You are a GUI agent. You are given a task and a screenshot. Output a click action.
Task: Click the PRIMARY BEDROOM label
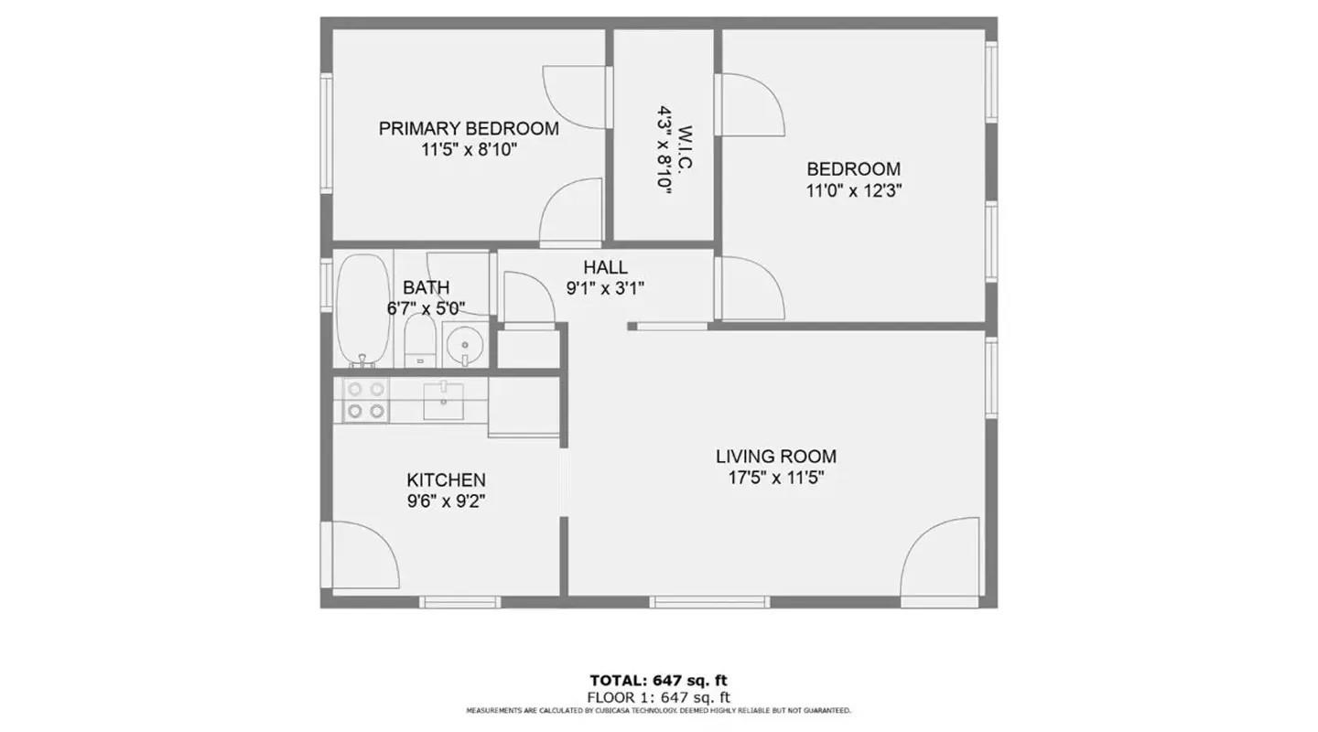[x=469, y=128]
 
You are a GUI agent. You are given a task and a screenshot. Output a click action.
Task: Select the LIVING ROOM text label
[x=776, y=456]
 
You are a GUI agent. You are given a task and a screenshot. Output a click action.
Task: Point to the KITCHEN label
[x=446, y=480]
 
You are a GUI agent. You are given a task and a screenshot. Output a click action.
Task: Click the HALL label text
[x=606, y=267]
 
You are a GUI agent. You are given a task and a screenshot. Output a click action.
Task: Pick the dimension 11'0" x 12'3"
[x=854, y=190]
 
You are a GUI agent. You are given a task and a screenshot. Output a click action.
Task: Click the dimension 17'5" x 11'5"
[x=776, y=478]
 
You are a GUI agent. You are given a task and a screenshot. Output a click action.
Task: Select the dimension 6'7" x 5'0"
[x=426, y=308]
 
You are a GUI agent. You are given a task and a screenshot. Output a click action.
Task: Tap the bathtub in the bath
[x=363, y=311]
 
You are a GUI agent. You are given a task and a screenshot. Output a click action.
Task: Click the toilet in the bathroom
[x=420, y=341]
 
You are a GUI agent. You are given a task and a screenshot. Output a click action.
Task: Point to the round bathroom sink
[x=465, y=344]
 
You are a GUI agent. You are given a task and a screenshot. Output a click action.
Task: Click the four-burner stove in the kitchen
[x=365, y=400]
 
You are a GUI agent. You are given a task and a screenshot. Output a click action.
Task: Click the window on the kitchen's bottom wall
[x=460, y=602]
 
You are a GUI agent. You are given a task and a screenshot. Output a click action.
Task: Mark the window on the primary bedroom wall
[x=327, y=133]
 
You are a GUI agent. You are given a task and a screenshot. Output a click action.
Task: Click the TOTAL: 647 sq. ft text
[x=658, y=681]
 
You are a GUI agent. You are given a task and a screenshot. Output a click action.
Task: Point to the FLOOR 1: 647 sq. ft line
[x=658, y=698]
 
